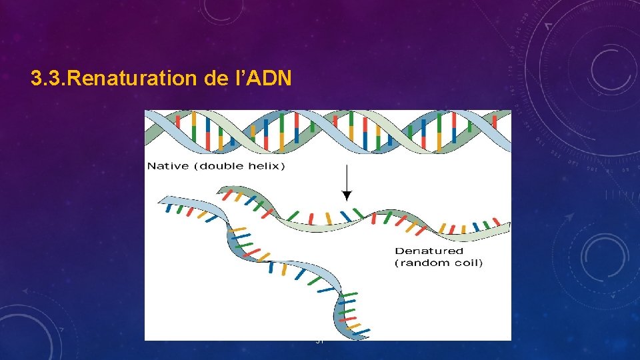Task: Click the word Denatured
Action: point(429,251)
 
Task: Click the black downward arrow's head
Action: point(346,196)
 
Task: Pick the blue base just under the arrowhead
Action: point(345,216)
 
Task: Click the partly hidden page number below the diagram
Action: point(319,342)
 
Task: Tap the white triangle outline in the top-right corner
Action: point(548,26)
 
